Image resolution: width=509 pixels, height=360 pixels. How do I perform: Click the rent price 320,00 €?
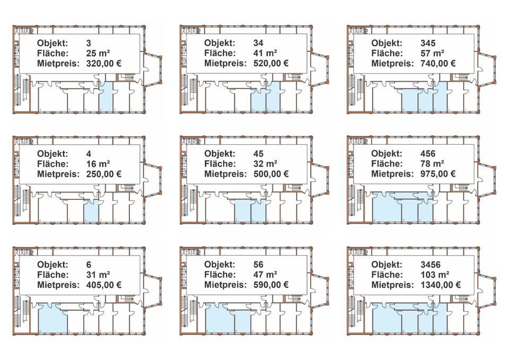104,64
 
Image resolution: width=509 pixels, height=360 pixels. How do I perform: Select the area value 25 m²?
98,53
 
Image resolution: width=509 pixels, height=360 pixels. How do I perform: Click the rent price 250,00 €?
104,174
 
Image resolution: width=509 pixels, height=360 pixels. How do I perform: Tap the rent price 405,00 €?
104,285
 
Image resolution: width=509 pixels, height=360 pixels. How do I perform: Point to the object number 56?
259,264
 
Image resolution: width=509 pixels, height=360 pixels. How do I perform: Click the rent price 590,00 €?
271,285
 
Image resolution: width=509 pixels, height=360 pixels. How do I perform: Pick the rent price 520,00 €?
271,64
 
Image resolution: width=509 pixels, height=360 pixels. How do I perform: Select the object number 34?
259,43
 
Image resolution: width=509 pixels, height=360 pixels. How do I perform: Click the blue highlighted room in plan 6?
52,318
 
